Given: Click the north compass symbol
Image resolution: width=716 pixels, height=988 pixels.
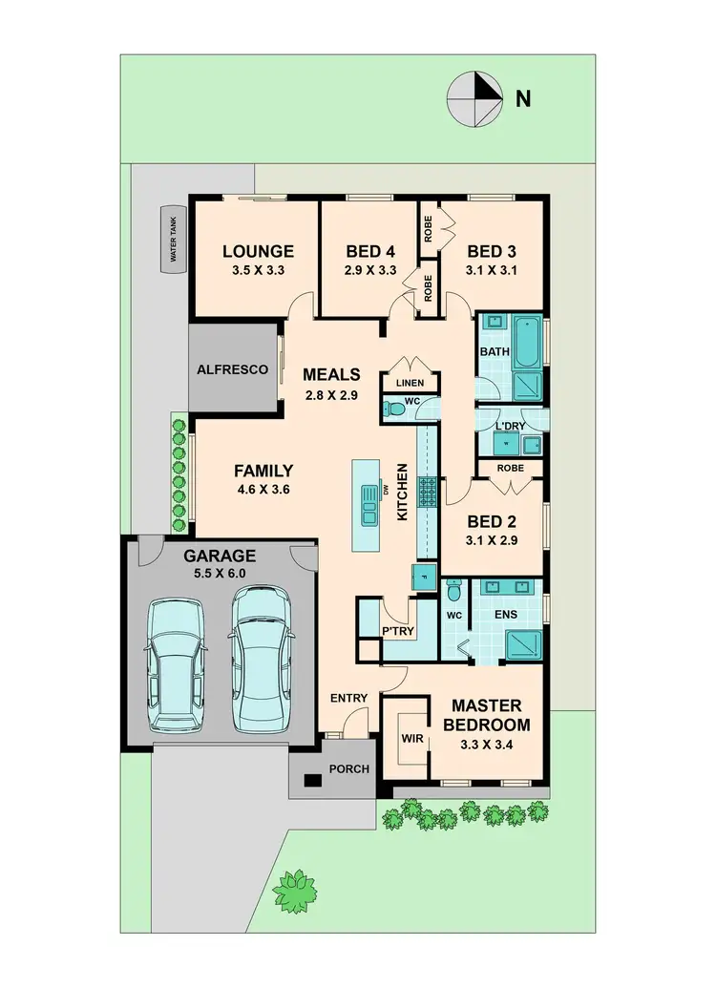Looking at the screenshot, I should [474, 99].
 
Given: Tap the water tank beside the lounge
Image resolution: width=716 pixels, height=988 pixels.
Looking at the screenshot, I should [174, 239].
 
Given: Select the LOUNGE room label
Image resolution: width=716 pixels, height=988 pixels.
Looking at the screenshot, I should [258, 252].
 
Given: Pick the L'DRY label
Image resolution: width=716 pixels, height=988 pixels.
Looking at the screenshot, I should [511, 424].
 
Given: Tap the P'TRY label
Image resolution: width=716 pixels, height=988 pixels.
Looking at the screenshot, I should [395, 631].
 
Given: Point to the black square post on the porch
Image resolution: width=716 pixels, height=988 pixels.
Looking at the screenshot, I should [310, 781].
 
